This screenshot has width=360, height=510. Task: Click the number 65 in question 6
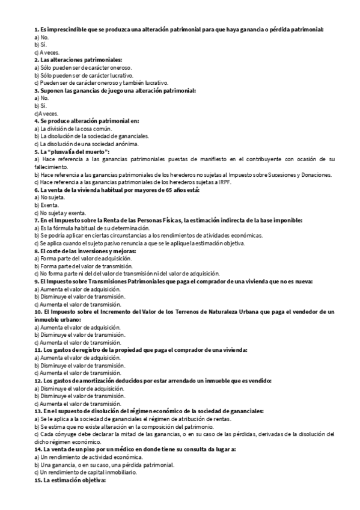click(x=144, y=190)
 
